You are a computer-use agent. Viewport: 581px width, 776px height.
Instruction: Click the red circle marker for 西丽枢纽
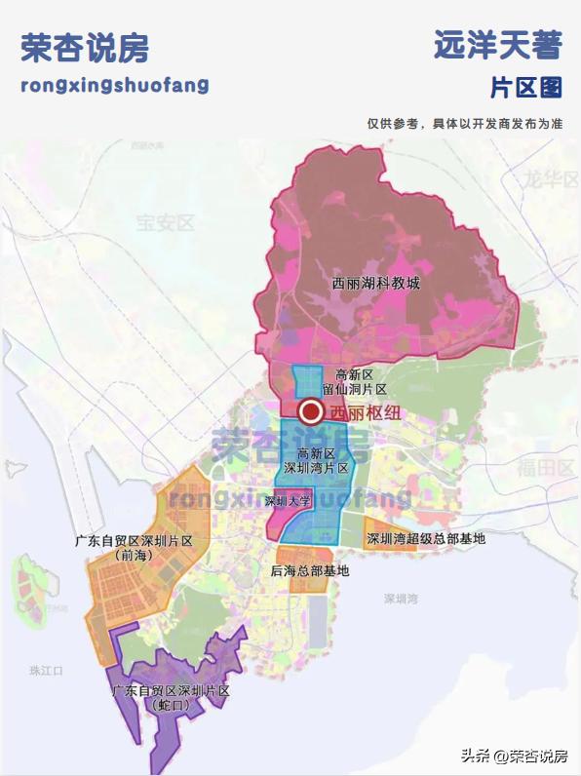(x=312, y=412)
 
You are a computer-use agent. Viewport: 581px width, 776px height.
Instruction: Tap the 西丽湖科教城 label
(x=375, y=284)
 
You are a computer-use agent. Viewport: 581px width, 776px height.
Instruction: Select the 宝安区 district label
(x=166, y=222)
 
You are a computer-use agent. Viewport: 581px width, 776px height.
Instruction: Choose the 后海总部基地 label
(x=310, y=570)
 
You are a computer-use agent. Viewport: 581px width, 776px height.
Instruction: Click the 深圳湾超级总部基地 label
(x=425, y=538)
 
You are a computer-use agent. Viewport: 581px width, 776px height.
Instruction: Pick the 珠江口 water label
(x=47, y=671)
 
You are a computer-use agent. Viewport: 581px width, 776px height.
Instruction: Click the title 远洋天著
(x=497, y=44)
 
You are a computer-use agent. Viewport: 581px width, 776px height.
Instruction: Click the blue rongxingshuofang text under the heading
(x=114, y=85)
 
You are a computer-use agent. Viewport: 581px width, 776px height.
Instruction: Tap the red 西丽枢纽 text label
(x=365, y=412)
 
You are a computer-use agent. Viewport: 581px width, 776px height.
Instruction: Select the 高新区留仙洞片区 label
(x=355, y=381)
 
